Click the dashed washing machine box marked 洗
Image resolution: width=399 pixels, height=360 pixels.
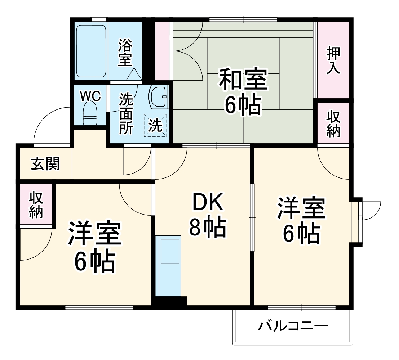pos(156,125)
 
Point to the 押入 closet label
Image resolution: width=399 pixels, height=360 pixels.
pos(333,60)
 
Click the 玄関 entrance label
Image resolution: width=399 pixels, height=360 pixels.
pos(45,164)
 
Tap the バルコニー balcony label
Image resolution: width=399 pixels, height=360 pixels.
pos(293,327)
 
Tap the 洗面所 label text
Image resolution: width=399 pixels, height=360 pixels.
pos(126,113)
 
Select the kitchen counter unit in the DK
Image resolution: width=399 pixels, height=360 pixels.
pos(168,266)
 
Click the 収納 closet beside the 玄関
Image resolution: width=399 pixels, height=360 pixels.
pos(36,205)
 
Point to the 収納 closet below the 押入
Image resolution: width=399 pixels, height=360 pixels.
pos(333,123)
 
